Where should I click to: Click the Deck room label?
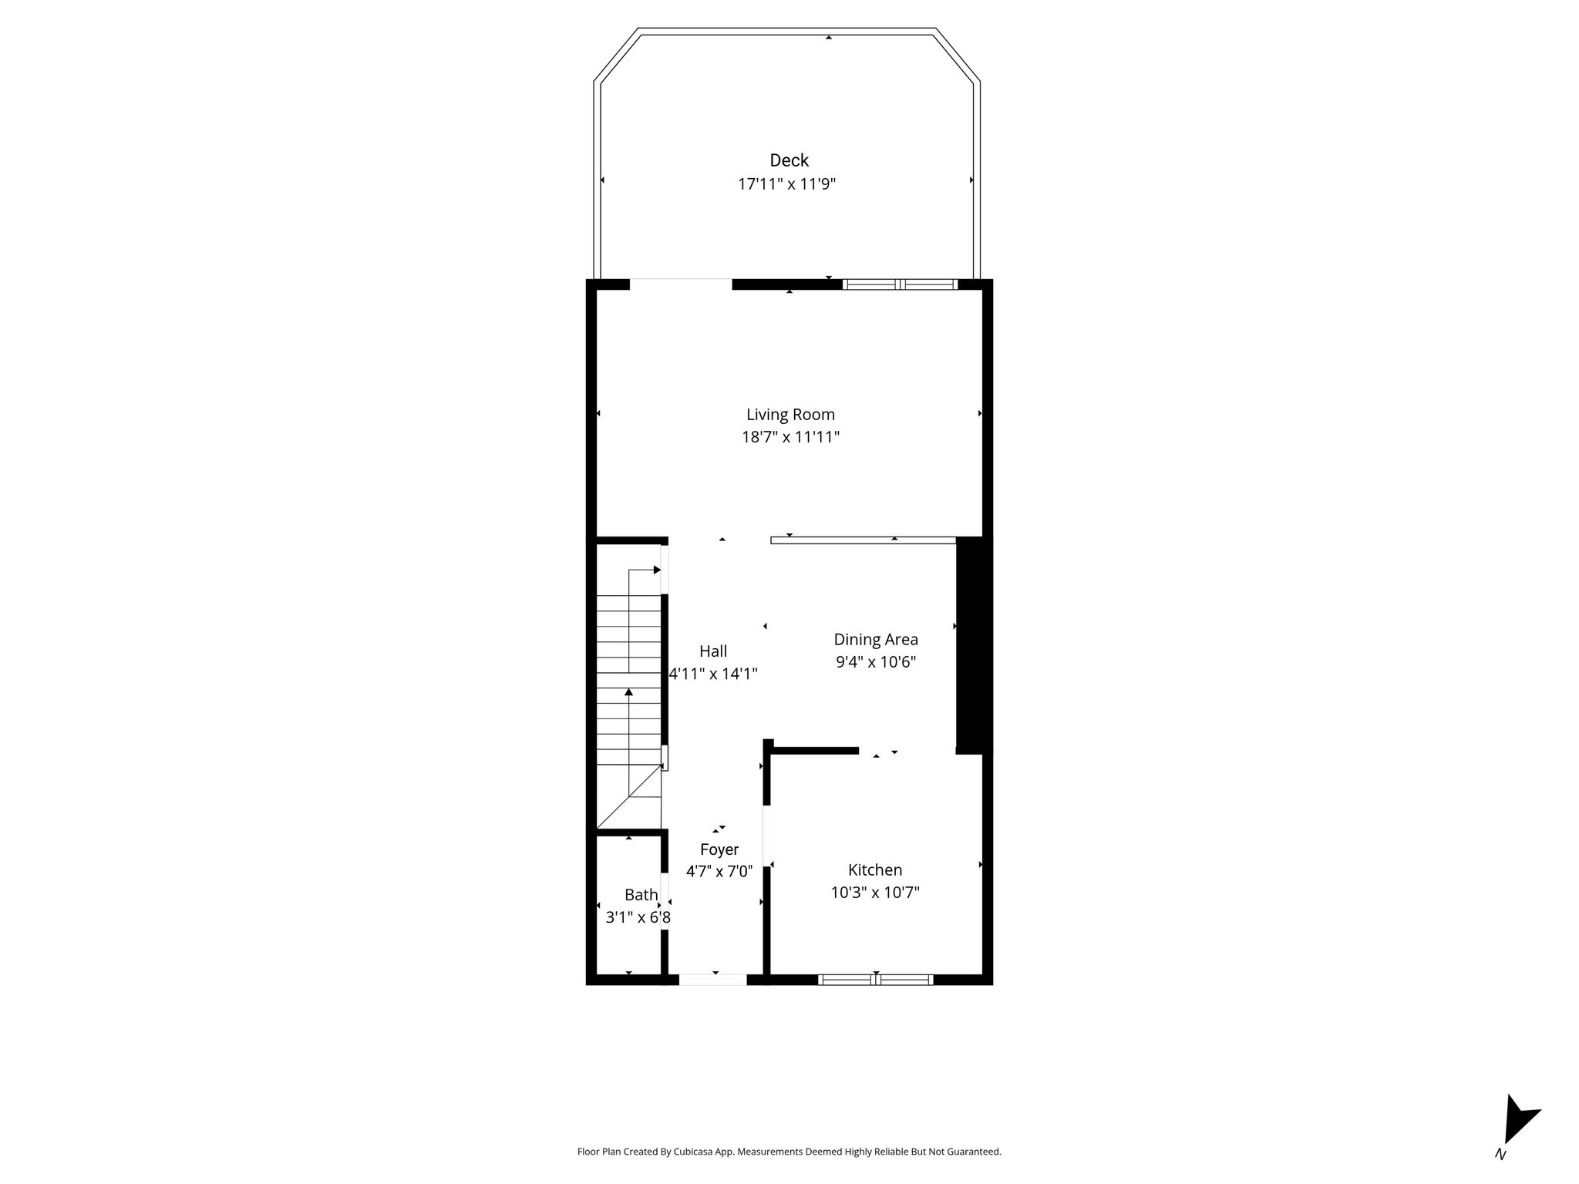pos(789,160)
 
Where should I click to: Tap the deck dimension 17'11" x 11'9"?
pos(786,184)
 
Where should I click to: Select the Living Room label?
pos(790,415)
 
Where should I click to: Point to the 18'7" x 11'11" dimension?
pos(790,437)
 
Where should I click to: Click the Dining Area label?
pos(876,640)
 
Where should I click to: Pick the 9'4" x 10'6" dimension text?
pos(876,662)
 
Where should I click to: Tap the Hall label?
pos(713,651)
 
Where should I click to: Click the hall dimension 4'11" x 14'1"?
pos(713,674)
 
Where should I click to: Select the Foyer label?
pos(719,849)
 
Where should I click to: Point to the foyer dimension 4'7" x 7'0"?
pos(719,872)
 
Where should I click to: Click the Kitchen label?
pos(875,870)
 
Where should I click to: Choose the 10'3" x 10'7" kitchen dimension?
pos(875,893)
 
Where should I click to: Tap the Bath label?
pos(641,895)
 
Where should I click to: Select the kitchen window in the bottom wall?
pos(875,980)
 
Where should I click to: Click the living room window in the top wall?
pos(900,284)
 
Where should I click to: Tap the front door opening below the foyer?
pos(712,980)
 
